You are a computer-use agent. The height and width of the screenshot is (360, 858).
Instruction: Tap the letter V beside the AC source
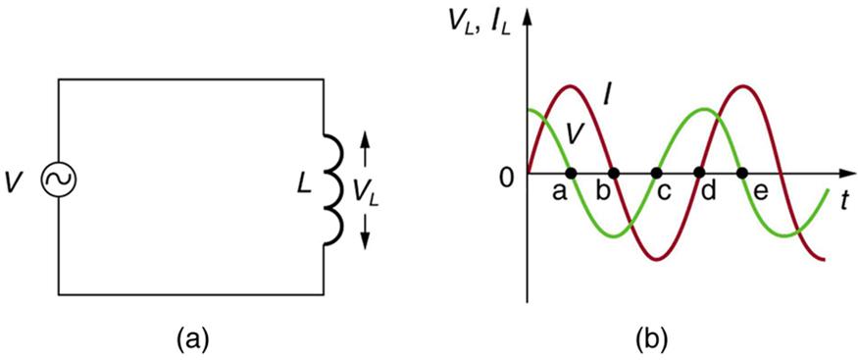(16, 181)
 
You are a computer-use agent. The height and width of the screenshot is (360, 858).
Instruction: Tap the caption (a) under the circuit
(191, 340)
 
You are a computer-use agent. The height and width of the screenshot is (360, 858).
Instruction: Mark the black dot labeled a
(571, 174)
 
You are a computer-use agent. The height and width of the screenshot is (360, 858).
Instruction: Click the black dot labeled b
(613, 174)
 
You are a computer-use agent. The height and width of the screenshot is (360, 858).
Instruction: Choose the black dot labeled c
(656, 174)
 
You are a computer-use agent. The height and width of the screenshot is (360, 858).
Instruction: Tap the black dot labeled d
(699, 174)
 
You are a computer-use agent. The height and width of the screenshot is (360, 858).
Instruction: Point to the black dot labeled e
(742, 174)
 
